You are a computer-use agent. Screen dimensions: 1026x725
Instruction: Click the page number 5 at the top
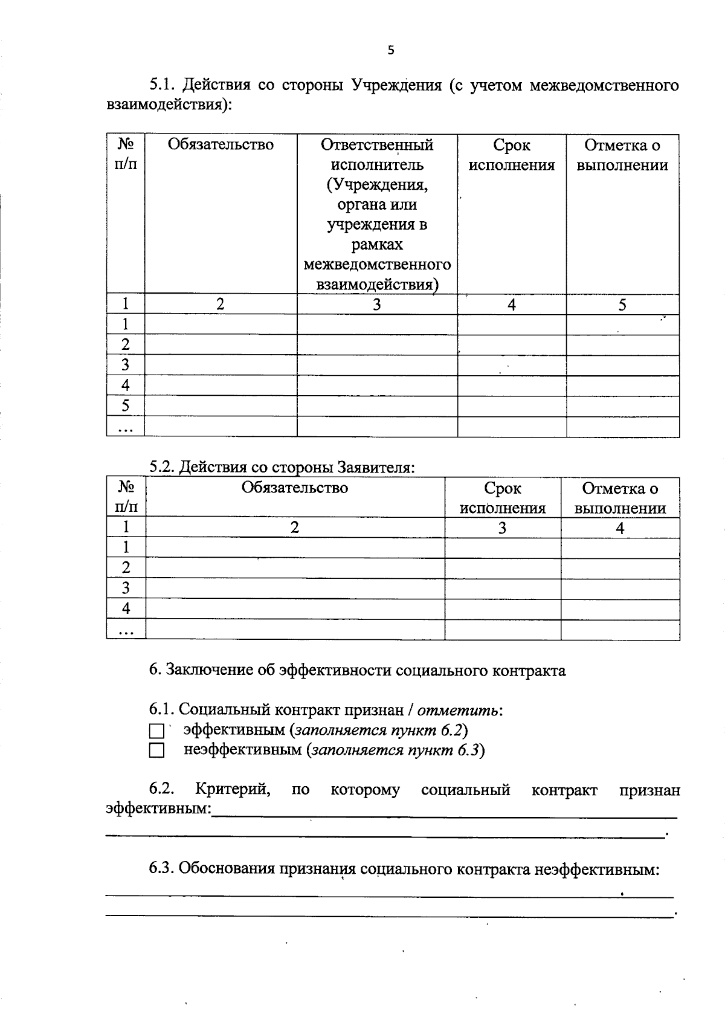click(x=390, y=51)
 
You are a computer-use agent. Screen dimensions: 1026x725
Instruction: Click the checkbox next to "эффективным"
click(x=156, y=731)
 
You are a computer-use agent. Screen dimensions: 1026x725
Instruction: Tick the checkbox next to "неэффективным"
click(x=156, y=751)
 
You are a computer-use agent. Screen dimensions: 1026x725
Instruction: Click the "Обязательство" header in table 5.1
click(x=221, y=145)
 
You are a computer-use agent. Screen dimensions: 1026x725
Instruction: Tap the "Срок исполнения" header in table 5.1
click(x=512, y=155)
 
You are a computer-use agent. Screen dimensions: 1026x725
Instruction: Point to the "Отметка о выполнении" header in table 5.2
click(x=620, y=498)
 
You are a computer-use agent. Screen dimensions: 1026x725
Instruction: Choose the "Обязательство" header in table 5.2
click(x=295, y=488)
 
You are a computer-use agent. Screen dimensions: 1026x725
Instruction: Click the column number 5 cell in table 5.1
click(x=622, y=305)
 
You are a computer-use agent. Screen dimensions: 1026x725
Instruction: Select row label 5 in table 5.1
click(x=125, y=405)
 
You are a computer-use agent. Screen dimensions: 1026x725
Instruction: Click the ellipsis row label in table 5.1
click(x=125, y=428)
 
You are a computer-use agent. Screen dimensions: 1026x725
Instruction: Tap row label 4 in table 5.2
click(x=126, y=608)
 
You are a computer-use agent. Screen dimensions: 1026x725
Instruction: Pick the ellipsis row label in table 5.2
click(x=126, y=631)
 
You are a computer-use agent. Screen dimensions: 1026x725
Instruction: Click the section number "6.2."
click(x=163, y=790)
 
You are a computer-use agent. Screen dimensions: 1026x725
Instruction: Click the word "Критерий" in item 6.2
click(x=233, y=790)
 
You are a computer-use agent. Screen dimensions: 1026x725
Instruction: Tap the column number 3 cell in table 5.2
click(x=502, y=528)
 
